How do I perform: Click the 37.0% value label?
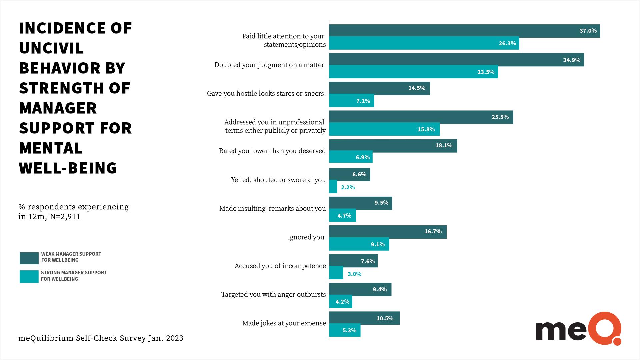[x=588, y=31]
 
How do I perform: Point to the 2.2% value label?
[x=348, y=187]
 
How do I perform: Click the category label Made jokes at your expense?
[x=284, y=323]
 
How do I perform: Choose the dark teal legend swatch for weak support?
[x=29, y=258]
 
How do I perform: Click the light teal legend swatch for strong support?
[x=29, y=277]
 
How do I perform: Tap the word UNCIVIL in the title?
[x=51, y=48]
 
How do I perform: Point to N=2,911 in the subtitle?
[x=65, y=217]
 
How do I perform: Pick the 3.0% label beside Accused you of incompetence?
[x=354, y=274]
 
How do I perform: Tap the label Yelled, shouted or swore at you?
[x=278, y=180]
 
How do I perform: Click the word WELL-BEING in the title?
[x=68, y=168]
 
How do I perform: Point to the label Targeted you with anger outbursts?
[x=273, y=294]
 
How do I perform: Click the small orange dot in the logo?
[x=617, y=341]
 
